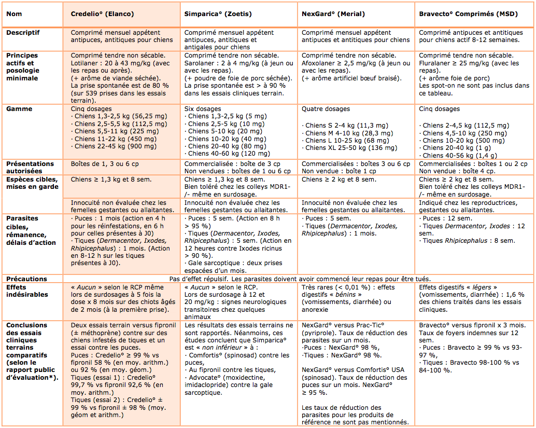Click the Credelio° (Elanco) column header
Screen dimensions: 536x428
point(102,14)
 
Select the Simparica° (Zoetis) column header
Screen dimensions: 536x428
point(218,14)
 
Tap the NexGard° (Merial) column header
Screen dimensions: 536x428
point(333,14)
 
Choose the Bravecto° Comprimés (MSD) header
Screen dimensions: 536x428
point(468,14)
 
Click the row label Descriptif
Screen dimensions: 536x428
point(23,33)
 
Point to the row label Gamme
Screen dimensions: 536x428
point(19,109)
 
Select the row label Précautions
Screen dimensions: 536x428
point(26,279)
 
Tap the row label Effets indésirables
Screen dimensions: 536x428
point(27,291)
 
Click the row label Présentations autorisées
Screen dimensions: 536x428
point(30,167)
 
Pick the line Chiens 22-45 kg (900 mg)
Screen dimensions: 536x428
point(114,146)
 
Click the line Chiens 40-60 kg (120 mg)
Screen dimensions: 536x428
point(228,153)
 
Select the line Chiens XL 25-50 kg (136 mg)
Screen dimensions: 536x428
point(349,148)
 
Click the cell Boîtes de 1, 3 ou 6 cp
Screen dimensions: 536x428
point(105,164)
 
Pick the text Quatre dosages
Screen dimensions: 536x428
point(326,109)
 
